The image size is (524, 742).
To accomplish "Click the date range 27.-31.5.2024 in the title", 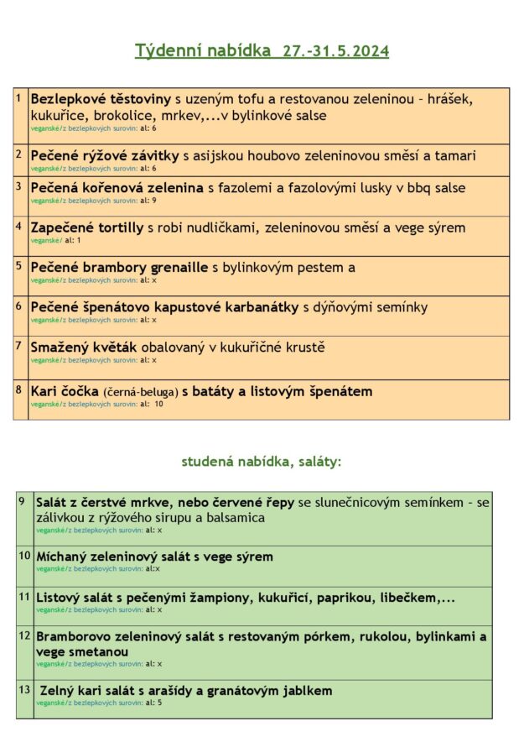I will click(x=335, y=51).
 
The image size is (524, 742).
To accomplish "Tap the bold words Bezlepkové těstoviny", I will click(x=101, y=99).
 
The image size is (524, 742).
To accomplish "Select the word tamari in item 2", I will click(x=455, y=155).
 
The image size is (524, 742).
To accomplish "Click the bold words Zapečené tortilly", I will click(x=87, y=227).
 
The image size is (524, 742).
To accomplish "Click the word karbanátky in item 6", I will click(x=257, y=307).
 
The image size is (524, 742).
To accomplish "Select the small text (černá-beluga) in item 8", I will click(x=140, y=392).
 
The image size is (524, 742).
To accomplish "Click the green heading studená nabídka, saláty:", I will click(x=262, y=461).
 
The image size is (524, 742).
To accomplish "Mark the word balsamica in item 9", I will click(x=236, y=518).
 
